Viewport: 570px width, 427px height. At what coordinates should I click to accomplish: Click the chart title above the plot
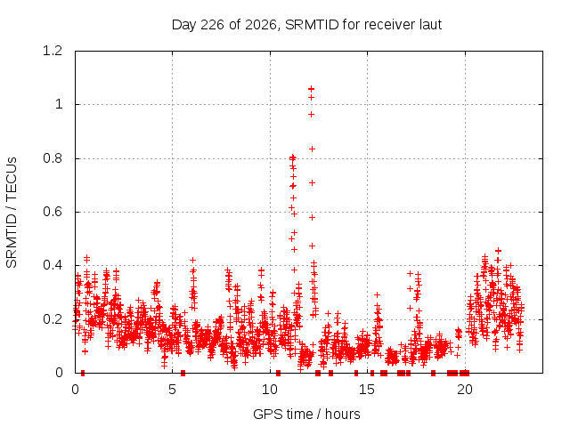pyautogui.click(x=306, y=25)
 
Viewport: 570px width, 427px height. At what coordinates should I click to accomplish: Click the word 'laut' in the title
pyautogui.click(x=430, y=25)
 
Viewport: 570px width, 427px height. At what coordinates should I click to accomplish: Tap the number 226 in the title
pyautogui.click(x=212, y=25)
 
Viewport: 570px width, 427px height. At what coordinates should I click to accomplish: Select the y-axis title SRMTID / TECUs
pyautogui.click(x=12, y=213)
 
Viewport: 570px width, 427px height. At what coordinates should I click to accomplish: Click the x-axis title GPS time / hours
pyautogui.click(x=306, y=414)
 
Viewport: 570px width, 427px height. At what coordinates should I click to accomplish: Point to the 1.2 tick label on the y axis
pyautogui.click(x=53, y=51)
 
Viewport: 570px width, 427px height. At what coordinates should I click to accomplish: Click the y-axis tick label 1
pyautogui.click(x=59, y=105)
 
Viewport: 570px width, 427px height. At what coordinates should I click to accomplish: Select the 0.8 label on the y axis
pyautogui.click(x=53, y=158)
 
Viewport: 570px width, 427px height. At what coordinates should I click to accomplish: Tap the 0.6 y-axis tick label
pyautogui.click(x=53, y=212)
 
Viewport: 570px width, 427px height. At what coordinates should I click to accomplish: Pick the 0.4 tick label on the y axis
pyautogui.click(x=53, y=265)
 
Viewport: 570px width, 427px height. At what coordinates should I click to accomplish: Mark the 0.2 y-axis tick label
pyautogui.click(x=53, y=319)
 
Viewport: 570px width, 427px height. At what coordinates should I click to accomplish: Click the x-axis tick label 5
pyautogui.click(x=172, y=390)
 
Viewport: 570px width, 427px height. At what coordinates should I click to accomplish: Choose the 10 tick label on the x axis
pyautogui.click(x=270, y=390)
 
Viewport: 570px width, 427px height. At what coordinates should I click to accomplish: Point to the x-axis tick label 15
pyautogui.click(x=367, y=390)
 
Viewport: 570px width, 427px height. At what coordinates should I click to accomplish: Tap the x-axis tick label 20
pyautogui.click(x=465, y=390)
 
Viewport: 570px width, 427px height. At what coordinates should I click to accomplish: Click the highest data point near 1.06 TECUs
pyautogui.click(x=311, y=89)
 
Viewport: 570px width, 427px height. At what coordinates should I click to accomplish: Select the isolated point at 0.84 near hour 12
pyautogui.click(x=312, y=149)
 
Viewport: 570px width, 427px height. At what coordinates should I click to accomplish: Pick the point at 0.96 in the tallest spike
pyautogui.click(x=311, y=115)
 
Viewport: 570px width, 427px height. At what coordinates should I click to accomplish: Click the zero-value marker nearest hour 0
pyautogui.click(x=83, y=373)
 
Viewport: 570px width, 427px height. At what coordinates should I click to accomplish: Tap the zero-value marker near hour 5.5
pyautogui.click(x=183, y=373)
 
